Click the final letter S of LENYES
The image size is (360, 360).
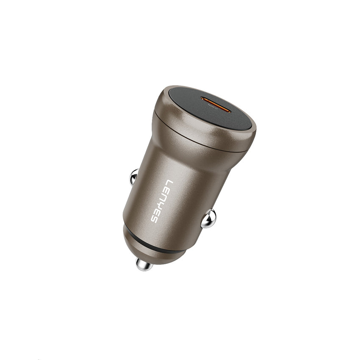pos(154,219)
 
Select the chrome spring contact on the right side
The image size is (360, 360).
pos(208,219)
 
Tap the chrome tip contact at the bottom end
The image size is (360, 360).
pos(144,264)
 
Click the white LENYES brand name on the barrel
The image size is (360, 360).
pos(161,201)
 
